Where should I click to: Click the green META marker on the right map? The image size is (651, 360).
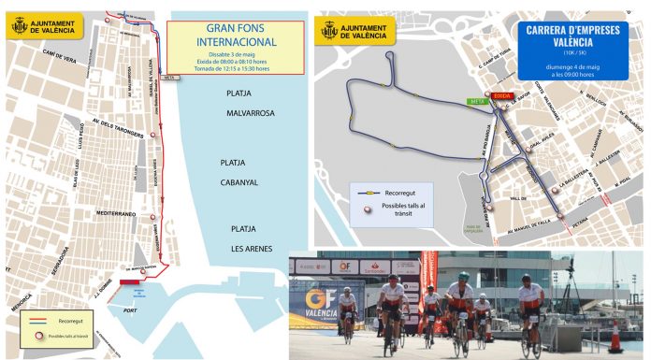click(x=474, y=100)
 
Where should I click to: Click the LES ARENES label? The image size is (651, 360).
click(x=252, y=248)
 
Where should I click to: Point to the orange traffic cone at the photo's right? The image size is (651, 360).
click(x=615, y=337)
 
